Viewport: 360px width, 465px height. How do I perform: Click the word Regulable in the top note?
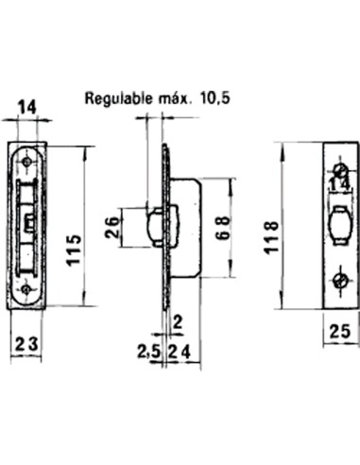pyautogui.click(x=117, y=97)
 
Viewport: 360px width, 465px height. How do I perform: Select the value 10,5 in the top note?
pyautogui.click(x=222, y=97)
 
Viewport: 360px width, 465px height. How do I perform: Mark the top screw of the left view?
pyautogui.click(x=27, y=163)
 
